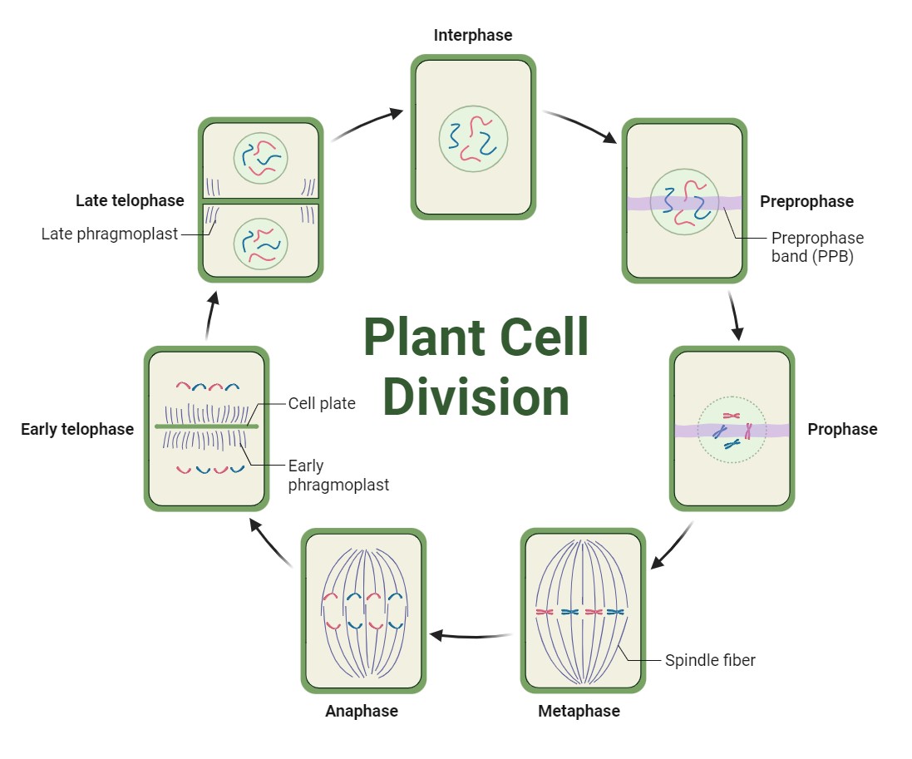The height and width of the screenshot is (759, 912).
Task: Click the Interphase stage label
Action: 472,35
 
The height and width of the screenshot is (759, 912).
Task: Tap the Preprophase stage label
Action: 806,201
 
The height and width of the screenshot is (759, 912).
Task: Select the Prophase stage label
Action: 842,429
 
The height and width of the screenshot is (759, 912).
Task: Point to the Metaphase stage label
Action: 579,711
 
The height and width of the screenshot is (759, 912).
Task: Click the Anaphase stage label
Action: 361,711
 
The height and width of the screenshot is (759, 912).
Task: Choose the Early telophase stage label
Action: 77,429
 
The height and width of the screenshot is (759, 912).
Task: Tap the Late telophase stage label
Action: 130,200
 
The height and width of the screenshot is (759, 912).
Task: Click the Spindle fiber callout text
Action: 710,660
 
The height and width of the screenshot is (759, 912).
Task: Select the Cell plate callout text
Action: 322,403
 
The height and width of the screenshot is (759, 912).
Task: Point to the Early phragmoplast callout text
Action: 338,475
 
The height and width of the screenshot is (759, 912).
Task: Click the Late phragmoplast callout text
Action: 110,234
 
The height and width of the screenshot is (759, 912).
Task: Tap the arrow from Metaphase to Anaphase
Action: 470,636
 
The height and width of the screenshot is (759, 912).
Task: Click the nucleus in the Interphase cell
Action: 473,139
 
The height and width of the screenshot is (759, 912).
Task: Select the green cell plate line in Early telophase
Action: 206,426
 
